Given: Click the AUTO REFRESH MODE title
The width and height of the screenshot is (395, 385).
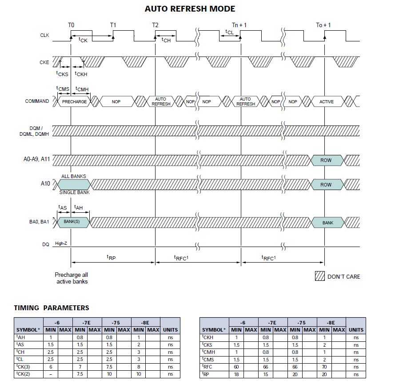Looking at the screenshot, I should coord(190,8).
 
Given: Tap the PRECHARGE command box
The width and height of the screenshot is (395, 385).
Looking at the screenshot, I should coord(74,101).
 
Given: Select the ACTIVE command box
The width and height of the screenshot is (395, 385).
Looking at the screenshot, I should coord(327,101).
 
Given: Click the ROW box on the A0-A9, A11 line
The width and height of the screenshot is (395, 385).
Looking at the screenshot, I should coord(326,160).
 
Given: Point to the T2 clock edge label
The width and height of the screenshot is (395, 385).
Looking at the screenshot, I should coord(155,25).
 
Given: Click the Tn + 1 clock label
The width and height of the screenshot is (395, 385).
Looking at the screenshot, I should coord(239,25).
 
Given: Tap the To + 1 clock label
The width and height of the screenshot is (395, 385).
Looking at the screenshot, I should coord(323,25).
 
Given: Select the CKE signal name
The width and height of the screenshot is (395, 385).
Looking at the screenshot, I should coord(44,63).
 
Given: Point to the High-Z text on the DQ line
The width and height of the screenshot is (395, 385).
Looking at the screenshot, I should coord(61,244).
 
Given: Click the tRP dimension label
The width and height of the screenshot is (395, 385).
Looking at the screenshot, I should coord(111,257).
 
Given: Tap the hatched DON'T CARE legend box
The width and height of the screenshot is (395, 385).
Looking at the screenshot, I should coord(319,276).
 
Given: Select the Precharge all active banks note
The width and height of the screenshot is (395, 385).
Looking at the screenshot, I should coord(72,278).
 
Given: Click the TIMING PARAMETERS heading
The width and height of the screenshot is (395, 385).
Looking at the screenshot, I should coord(51,308).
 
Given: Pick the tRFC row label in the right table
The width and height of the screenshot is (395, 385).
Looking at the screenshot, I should coord(208,367).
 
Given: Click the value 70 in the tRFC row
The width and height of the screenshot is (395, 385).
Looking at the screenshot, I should coord(324,367).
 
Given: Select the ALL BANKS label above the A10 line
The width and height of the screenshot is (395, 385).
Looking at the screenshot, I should coord(72,176).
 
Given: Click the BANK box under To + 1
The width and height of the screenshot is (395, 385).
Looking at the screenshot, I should coord(327,222).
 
